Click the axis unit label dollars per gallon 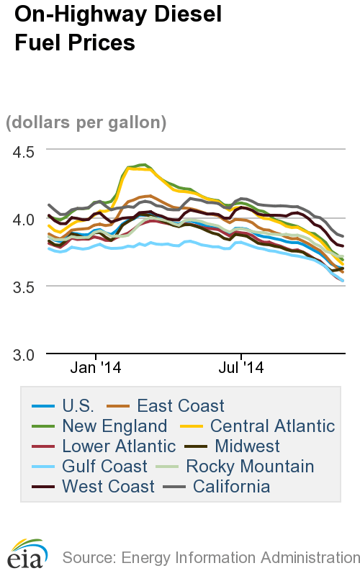click(86, 122)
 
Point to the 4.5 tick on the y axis click(23, 152)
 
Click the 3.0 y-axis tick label click(23, 355)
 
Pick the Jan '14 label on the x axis click(96, 367)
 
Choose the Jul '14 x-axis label click(240, 367)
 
